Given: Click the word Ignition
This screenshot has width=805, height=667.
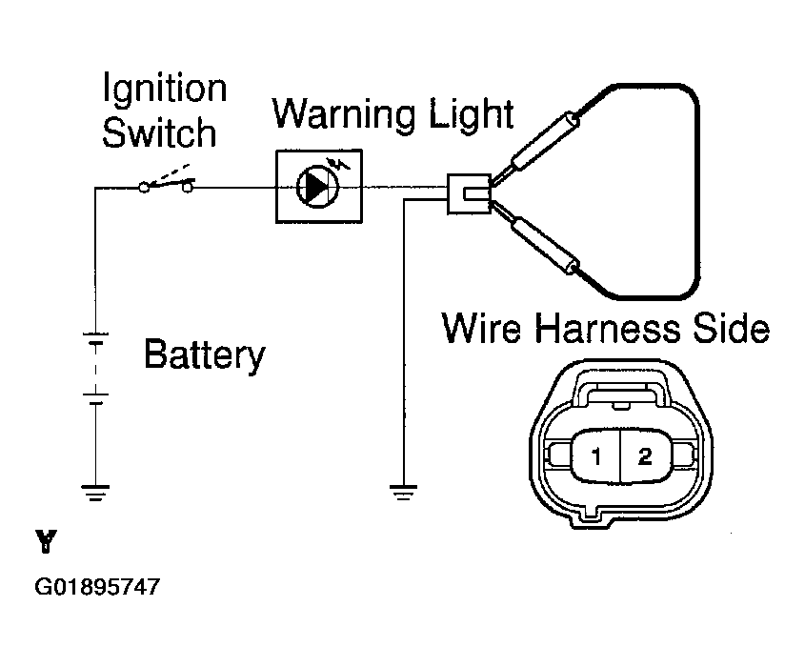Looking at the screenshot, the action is tap(165, 90).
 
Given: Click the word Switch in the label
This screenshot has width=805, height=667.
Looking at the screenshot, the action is tap(159, 132).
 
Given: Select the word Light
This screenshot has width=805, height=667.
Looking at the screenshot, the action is tap(472, 114).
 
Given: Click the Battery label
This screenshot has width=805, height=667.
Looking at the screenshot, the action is tap(204, 354).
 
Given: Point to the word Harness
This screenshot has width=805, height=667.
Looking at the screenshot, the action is tap(608, 328).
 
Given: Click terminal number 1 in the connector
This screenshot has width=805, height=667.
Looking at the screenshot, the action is tap(596, 456).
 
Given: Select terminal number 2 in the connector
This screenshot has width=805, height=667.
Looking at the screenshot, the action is tap(645, 456).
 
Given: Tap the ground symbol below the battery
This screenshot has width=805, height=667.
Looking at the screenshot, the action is tap(95, 492).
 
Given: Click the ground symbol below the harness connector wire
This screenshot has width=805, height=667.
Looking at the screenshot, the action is tap(404, 492).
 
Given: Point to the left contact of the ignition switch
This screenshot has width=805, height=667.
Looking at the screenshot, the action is tap(144, 189).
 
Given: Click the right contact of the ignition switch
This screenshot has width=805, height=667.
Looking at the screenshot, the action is tap(188, 188).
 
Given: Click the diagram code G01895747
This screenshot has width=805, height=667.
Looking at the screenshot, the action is tap(97, 586).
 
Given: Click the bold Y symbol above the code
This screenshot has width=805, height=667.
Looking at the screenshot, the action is tap(47, 542).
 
